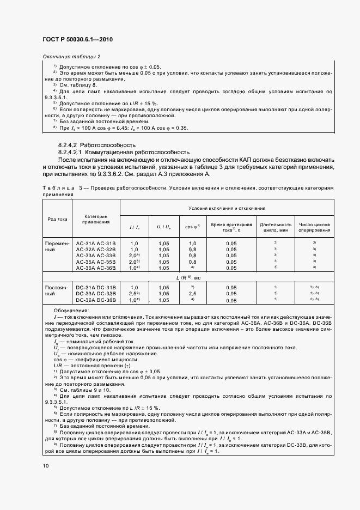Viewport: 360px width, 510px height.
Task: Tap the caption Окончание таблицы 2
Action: coord(71,57)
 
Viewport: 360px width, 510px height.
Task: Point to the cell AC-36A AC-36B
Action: coord(96,268)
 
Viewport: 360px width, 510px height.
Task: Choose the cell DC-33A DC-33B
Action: coord(96,293)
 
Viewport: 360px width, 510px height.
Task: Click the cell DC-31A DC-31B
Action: coord(96,287)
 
